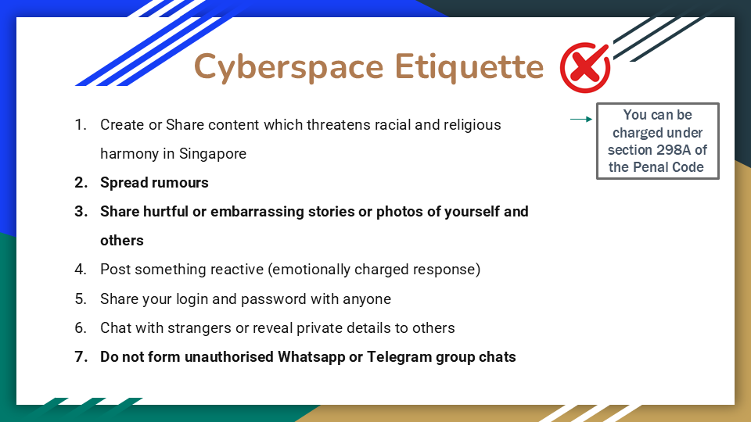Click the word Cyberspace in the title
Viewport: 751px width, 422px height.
[289, 67]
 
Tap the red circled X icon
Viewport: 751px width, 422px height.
[585, 67]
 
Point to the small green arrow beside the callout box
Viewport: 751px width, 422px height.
[581, 119]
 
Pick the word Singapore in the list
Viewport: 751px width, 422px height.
[213, 154]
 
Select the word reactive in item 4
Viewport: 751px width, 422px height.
[237, 270]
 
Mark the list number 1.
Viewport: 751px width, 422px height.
[80, 125]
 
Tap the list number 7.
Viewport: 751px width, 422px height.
[81, 357]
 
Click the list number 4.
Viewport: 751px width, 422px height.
[81, 270]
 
